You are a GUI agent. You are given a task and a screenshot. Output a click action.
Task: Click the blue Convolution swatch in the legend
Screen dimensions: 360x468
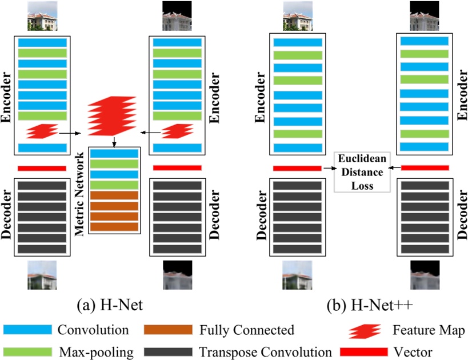(x=27, y=330)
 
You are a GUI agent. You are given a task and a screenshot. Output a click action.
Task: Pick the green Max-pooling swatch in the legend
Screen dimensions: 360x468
(x=27, y=352)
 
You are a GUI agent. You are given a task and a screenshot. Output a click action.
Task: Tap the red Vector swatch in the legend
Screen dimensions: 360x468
(x=365, y=352)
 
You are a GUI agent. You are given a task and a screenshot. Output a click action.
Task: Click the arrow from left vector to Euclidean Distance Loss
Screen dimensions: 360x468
(x=328, y=168)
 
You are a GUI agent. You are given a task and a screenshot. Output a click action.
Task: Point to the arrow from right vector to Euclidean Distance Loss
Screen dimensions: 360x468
(x=394, y=168)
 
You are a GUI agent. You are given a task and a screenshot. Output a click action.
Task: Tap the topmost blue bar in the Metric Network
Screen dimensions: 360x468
(x=114, y=153)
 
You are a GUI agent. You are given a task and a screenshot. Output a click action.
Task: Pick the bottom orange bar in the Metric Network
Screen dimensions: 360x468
(x=114, y=227)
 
